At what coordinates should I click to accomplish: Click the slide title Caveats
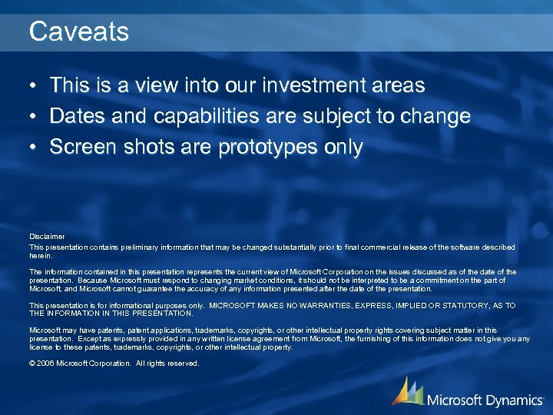point(78,32)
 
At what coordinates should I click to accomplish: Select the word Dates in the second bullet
point(76,116)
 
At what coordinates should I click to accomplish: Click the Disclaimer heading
point(47,236)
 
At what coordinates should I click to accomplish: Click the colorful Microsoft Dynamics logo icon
point(407,392)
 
